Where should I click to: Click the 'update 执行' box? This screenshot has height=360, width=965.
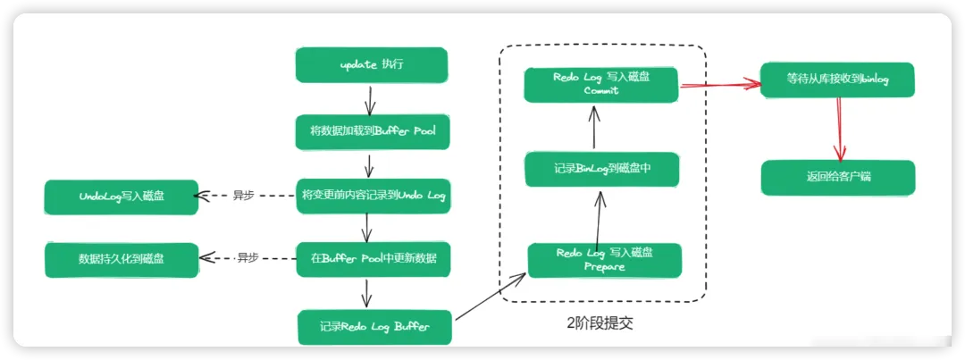(371, 65)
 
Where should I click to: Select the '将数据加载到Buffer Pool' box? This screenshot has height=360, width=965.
(373, 131)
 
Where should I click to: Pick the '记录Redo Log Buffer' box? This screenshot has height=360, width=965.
(374, 326)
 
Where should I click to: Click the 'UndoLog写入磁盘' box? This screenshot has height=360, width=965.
(122, 196)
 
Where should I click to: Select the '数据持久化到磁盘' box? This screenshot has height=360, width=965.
(122, 259)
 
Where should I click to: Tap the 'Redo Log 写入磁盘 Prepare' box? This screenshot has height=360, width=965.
(604, 259)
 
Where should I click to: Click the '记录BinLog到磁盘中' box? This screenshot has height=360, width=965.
(602, 168)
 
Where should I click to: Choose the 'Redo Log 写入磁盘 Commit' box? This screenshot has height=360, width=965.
(601, 83)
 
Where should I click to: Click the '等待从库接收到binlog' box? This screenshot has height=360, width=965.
(837, 80)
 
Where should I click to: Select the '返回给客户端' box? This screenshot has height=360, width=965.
(837, 177)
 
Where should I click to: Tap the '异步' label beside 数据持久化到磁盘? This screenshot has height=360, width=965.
(247, 258)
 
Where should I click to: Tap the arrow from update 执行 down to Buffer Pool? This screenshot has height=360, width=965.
(366, 97)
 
